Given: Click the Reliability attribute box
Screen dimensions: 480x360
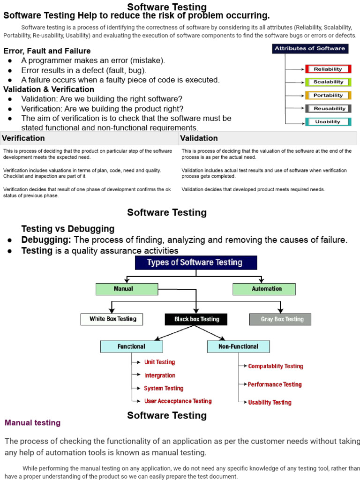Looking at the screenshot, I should tap(328, 69).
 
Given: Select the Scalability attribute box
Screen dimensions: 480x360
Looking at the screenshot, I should tap(328, 82).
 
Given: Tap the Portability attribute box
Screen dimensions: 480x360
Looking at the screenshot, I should tap(328, 95).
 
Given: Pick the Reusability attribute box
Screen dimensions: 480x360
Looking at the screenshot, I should tap(328, 108).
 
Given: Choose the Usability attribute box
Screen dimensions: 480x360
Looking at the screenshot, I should tap(328, 122).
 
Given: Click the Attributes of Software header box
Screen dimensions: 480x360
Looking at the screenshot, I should tap(310, 48).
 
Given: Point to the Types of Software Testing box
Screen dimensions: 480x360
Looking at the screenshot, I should tap(195, 262).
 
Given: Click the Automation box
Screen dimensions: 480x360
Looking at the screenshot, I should tap(264, 289).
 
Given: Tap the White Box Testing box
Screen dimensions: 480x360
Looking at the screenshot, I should tap(112, 319).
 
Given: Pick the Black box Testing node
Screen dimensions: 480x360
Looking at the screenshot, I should tap(196, 319).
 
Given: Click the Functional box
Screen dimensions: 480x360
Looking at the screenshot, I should tap(132, 346).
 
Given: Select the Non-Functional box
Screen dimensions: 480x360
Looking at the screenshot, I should tap(238, 346).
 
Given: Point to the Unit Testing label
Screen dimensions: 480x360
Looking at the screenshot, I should tap(159, 362).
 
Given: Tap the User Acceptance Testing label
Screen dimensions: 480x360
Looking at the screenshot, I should tap(178, 401).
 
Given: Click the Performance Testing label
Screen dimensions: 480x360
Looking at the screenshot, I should tap(275, 384).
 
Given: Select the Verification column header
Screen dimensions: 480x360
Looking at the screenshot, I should tap(23, 138).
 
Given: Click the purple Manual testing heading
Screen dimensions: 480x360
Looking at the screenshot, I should tap(32, 423).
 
